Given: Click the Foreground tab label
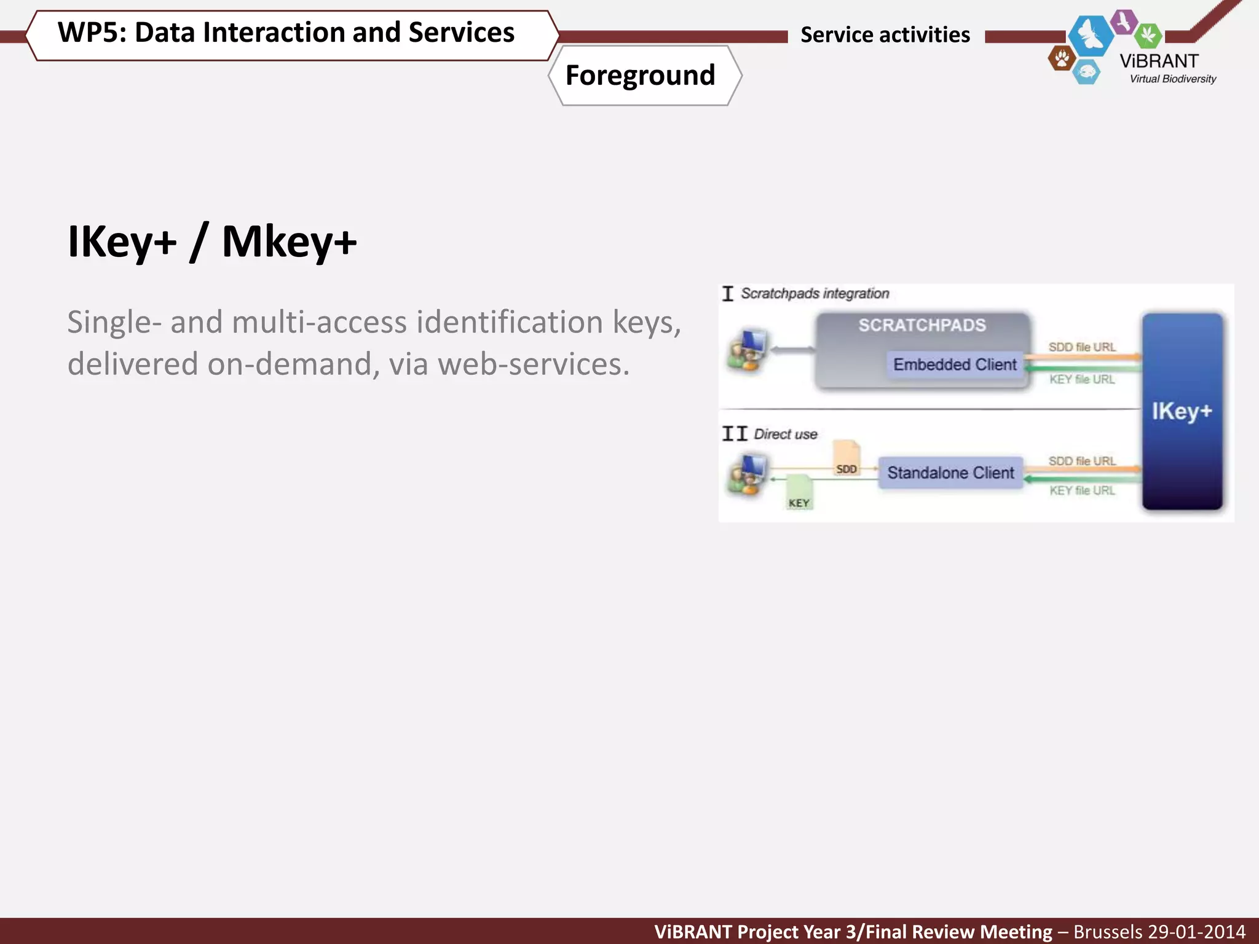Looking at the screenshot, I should pyautogui.click(x=640, y=76).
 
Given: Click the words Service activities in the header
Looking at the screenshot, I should pyautogui.click(x=885, y=35).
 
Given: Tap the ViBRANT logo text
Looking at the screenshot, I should pyautogui.click(x=1159, y=61).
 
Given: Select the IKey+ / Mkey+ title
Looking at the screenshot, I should pyautogui.click(x=212, y=242).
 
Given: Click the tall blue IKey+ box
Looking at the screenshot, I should pyautogui.click(x=1182, y=411).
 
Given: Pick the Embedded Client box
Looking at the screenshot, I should pyautogui.click(x=955, y=364).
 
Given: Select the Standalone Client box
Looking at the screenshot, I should pyautogui.click(x=950, y=473).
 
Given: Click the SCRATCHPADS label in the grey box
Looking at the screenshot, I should pyautogui.click(x=922, y=325).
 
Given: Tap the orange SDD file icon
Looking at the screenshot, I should pyautogui.click(x=847, y=458).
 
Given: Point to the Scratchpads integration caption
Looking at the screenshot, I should pyautogui.click(x=815, y=294).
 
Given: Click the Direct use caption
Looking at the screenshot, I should pyautogui.click(x=785, y=435).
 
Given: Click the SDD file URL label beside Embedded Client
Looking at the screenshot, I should pyautogui.click(x=1081, y=347).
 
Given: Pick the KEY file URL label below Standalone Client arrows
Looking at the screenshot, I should pyautogui.click(x=1081, y=490).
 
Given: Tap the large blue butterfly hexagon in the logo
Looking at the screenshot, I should pyautogui.click(x=1091, y=34).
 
